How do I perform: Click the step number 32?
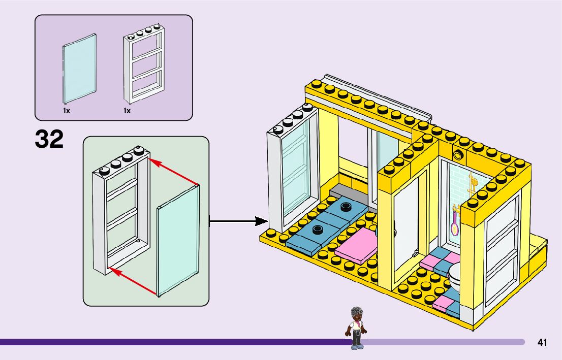49,139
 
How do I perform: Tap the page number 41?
542,343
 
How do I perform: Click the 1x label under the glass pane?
67,110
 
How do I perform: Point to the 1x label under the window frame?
127,110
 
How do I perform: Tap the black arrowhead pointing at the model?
261,221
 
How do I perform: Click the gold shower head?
473,183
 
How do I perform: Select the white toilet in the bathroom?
454,277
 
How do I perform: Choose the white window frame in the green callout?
119,213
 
